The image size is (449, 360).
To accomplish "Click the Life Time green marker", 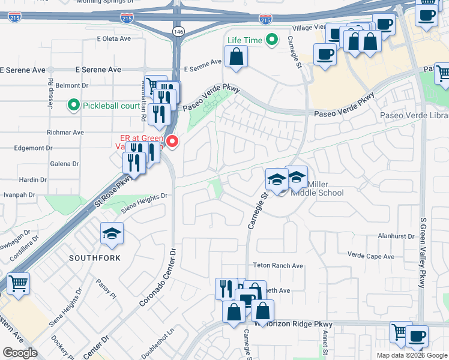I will [x=272, y=41].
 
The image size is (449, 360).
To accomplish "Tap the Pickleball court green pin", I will [x=74, y=106].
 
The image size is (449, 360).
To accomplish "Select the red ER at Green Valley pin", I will [x=173, y=142].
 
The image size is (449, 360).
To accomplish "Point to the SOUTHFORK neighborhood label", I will [x=94, y=258].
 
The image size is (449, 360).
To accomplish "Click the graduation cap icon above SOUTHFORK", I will [x=112, y=234].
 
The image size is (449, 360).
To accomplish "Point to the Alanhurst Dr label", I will [x=397, y=236].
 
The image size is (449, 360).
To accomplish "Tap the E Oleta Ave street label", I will [x=113, y=38].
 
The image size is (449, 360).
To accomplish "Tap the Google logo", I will [x=20, y=353].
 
